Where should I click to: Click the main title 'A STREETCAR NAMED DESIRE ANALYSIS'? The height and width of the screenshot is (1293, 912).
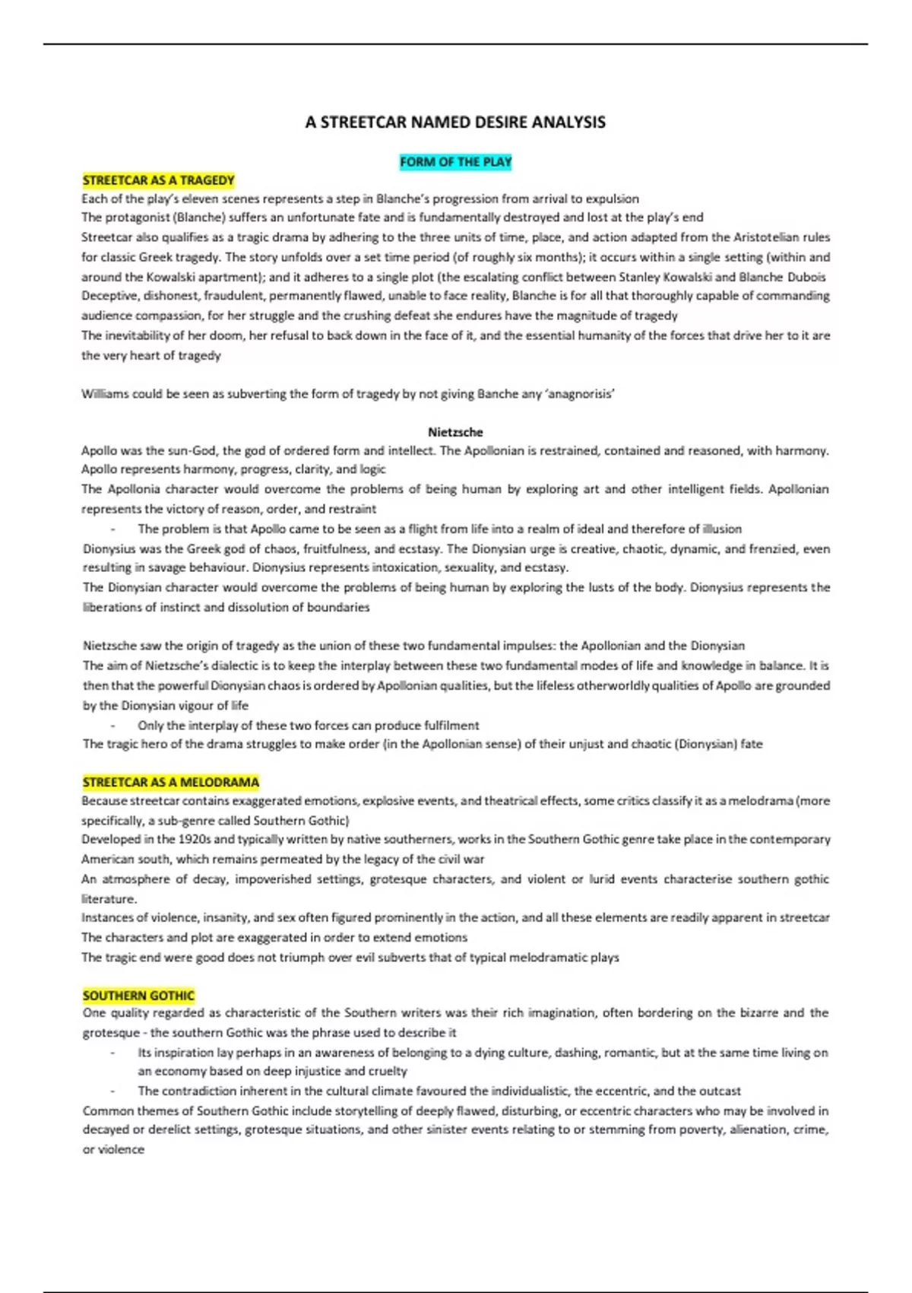click(x=455, y=122)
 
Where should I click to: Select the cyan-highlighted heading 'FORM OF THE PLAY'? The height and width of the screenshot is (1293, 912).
click(x=455, y=162)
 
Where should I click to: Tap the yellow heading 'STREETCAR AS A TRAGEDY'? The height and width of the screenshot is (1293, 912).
click(x=158, y=180)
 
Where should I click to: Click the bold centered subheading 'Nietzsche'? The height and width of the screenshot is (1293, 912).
click(x=455, y=432)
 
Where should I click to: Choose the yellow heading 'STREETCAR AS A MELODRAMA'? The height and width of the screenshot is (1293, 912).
click(x=171, y=782)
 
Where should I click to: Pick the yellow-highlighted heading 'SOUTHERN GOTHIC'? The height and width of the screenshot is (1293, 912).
click(x=138, y=996)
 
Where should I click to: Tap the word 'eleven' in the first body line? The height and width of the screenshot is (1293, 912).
click(x=195, y=199)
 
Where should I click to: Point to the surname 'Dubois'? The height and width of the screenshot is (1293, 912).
click(x=806, y=277)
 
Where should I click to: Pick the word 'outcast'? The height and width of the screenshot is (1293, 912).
click(x=720, y=1091)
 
